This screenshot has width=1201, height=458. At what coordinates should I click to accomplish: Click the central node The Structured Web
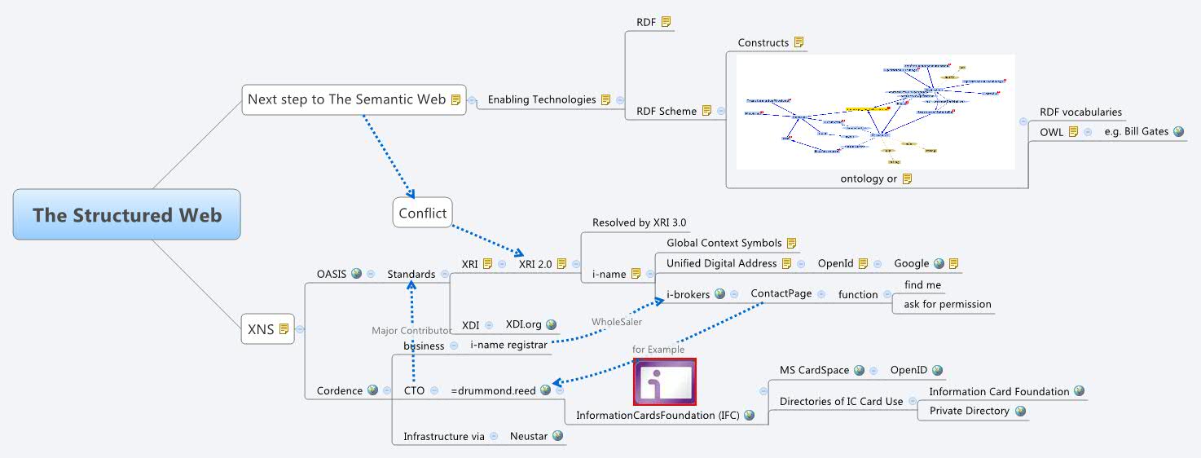(x=127, y=215)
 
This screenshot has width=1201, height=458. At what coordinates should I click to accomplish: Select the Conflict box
(x=423, y=214)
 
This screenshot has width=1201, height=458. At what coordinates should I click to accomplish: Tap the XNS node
(x=261, y=330)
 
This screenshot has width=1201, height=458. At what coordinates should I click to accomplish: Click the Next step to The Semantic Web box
(x=346, y=99)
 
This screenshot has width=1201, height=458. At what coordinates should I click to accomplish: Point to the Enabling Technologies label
(x=542, y=99)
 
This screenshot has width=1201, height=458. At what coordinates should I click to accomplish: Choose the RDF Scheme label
(x=666, y=111)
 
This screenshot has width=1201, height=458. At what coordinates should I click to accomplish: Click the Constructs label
(x=763, y=42)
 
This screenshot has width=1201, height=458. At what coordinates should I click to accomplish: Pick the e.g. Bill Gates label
(x=1137, y=131)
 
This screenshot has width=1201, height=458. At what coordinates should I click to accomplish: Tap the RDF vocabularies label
(x=1080, y=112)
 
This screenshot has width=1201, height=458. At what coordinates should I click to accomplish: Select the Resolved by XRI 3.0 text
(x=639, y=222)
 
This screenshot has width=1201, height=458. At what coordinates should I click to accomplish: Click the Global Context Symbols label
(x=724, y=243)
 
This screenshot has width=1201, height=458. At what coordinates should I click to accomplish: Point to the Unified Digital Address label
(x=722, y=263)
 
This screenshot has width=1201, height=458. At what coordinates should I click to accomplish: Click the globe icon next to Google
(x=939, y=263)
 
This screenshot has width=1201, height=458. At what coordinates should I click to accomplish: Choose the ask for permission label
(x=948, y=304)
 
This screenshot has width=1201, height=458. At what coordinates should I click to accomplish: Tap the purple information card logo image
(x=665, y=381)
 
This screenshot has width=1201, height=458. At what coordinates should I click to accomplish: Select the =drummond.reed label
(x=493, y=390)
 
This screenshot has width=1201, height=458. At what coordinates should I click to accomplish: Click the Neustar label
(x=528, y=436)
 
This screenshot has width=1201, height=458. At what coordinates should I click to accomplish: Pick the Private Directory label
(x=969, y=411)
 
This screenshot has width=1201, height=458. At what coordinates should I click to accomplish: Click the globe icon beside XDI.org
(x=551, y=325)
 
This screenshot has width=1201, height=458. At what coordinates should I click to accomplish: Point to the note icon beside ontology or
(x=907, y=178)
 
